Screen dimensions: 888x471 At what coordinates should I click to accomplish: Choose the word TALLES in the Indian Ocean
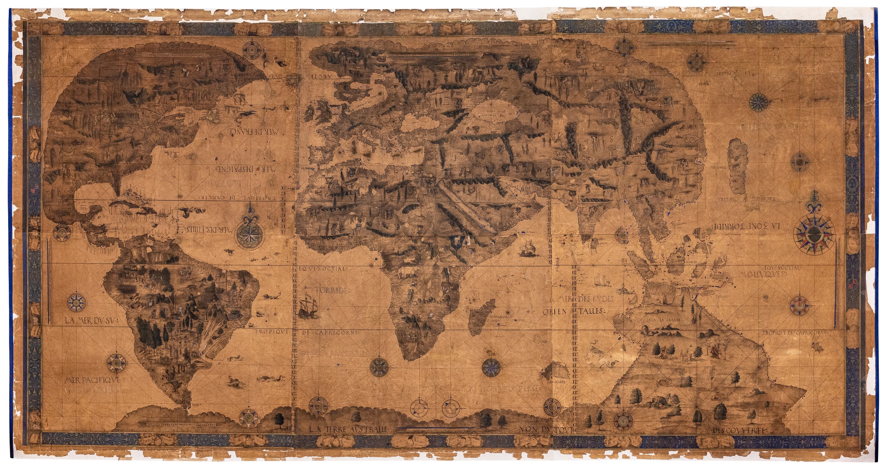point(591,311)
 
